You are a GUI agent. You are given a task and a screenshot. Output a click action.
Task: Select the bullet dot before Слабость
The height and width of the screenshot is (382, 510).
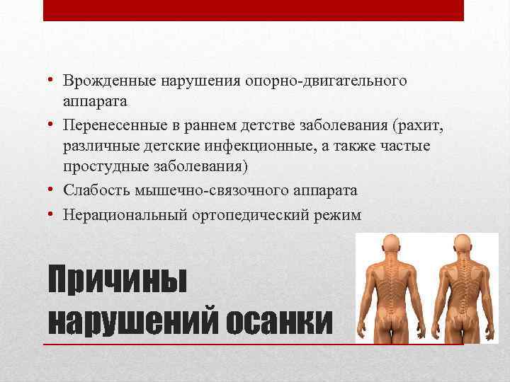pyautogui.click(x=53, y=190)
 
